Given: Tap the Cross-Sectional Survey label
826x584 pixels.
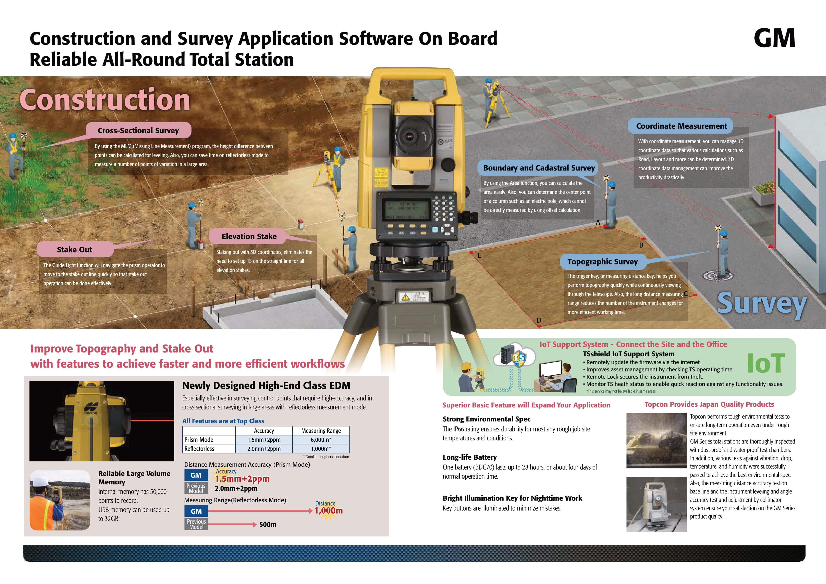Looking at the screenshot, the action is (138, 131).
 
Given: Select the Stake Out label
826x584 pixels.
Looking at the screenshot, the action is (74, 250).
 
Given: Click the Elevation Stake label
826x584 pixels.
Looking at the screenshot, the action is (249, 236).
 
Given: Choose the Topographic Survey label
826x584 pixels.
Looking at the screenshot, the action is (602, 262).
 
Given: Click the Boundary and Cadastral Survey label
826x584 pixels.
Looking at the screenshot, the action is (539, 168).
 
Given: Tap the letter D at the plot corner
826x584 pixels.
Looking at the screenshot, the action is (539, 320).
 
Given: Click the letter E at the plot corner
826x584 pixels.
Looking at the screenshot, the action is (479, 255).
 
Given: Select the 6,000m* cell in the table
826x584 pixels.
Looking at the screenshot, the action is (321, 440).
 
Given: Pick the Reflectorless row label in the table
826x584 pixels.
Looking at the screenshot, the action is (199, 449).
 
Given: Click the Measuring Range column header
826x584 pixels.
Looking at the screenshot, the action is (321, 431).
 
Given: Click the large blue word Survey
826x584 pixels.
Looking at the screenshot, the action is (762, 303).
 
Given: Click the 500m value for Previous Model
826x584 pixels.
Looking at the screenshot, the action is (268, 525).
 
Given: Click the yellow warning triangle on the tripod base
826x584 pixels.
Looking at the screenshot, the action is (406, 297).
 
